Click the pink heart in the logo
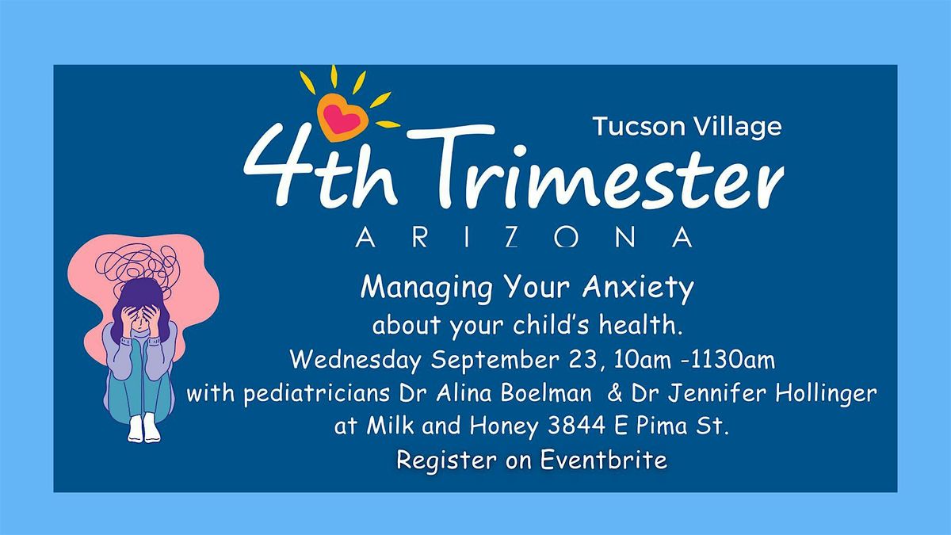(342, 118)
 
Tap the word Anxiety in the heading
(638, 289)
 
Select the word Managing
(426, 289)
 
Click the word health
(640, 325)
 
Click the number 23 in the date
(584, 360)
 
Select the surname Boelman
(546, 393)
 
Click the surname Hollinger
(826, 394)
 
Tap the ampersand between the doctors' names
(615, 393)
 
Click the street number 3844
(577, 425)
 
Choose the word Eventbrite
(603, 460)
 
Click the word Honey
(504, 426)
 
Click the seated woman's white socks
(144, 428)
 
